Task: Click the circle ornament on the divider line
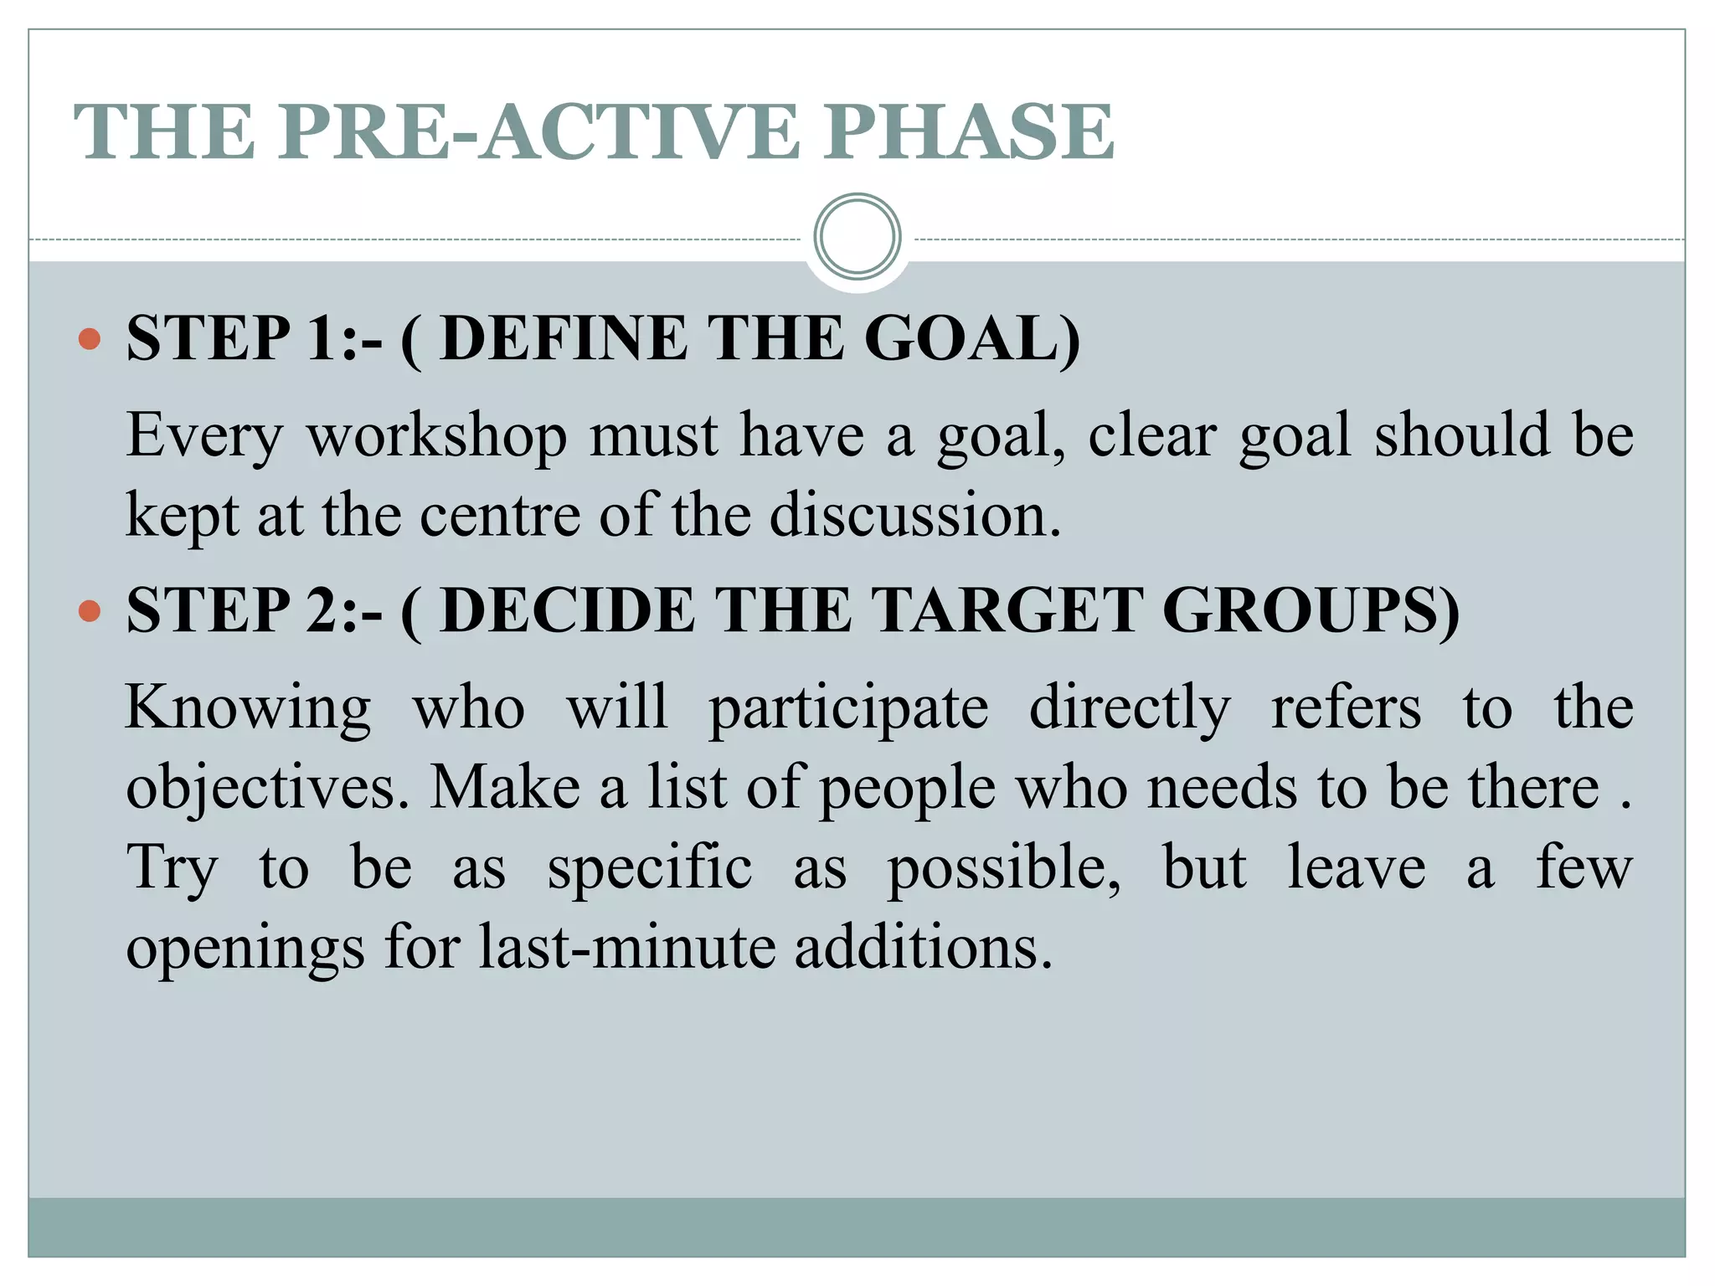point(857,237)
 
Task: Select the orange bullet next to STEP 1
point(89,339)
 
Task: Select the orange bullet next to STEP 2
point(89,610)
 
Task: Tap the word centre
point(499,515)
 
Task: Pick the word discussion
point(914,515)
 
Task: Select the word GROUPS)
point(1311,610)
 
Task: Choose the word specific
point(649,867)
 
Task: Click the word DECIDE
point(568,610)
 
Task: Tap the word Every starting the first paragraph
point(204,437)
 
